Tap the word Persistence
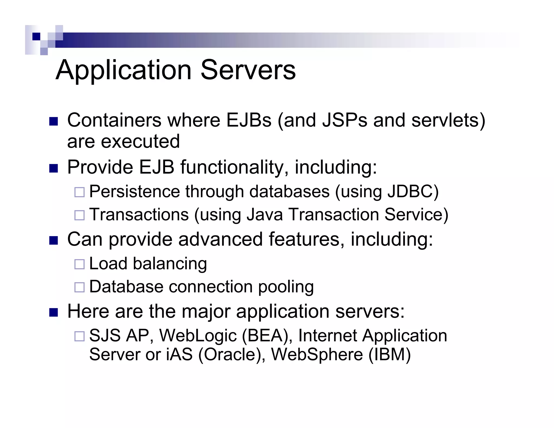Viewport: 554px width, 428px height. (x=134, y=192)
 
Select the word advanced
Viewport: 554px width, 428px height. (x=220, y=239)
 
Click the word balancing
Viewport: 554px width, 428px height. (x=170, y=264)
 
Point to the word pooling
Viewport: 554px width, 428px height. (x=286, y=287)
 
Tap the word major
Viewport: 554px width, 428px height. (x=206, y=311)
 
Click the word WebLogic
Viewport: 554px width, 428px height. (x=198, y=336)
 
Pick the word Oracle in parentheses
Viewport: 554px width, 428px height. (x=231, y=354)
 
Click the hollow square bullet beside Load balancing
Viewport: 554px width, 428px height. (x=79, y=264)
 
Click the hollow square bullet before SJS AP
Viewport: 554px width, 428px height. (x=79, y=336)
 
